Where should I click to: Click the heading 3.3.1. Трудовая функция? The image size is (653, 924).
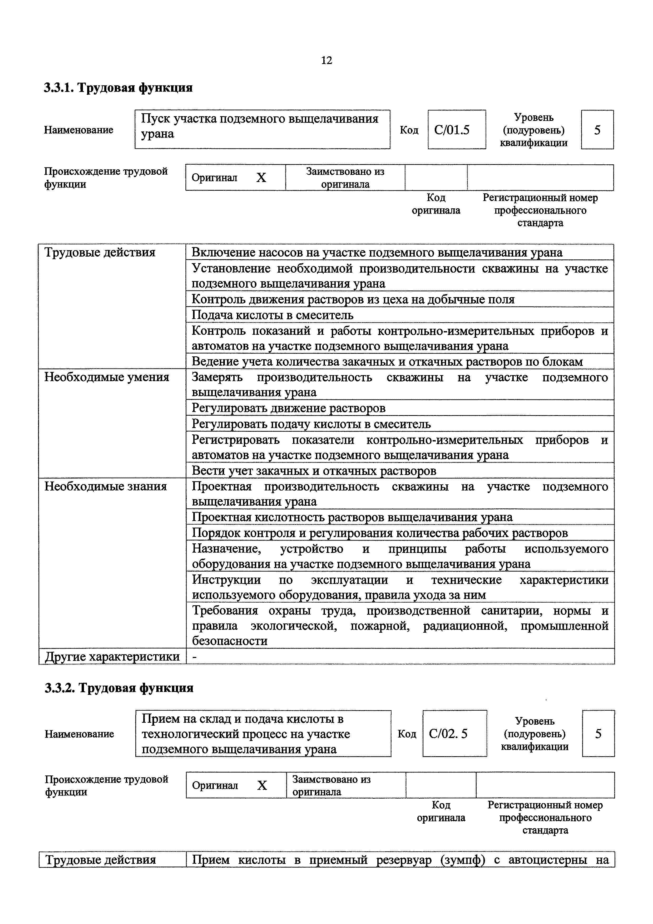[x=118, y=87]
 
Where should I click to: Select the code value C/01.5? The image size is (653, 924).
[x=452, y=130]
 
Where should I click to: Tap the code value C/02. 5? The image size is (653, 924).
[x=448, y=734]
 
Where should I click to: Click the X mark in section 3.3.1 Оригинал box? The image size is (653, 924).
[x=261, y=178]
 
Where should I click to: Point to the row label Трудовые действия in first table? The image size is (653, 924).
[x=100, y=252]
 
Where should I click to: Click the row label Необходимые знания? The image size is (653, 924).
[x=105, y=486]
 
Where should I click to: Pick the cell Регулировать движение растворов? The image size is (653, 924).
[x=289, y=408]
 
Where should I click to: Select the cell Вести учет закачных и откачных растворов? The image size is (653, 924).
[x=314, y=470]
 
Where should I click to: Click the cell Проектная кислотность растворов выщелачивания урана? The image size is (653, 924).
[x=352, y=517]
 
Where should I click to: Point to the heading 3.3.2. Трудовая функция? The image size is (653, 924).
[x=119, y=688]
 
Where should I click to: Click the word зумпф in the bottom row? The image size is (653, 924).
[x=463, y=860]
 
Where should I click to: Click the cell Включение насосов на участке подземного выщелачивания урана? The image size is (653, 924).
[x=377, y=252]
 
